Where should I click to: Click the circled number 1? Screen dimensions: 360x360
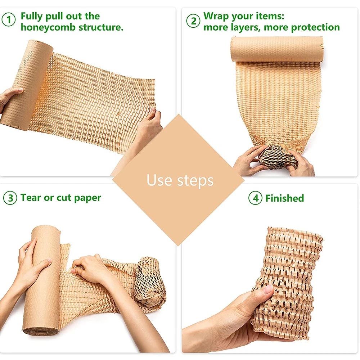(x=9, y=19)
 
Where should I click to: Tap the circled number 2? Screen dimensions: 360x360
(x=193, y=21)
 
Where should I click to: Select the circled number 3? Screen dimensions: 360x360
(x=10, y=198)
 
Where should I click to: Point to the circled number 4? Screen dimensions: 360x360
(x=255, y=198)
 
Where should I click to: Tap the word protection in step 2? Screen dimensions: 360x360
(x=315, y=28)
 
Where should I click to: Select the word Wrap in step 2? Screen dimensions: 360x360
(x=216, y=16)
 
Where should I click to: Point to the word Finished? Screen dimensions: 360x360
(x=284, y=198)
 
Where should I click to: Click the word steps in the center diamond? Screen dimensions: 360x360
(x=195, y=181)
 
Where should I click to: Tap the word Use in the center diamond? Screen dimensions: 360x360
(x=159, y=180)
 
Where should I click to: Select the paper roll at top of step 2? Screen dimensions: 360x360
(x=277, y=49)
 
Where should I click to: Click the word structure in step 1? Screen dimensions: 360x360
(x=101, y=27)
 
